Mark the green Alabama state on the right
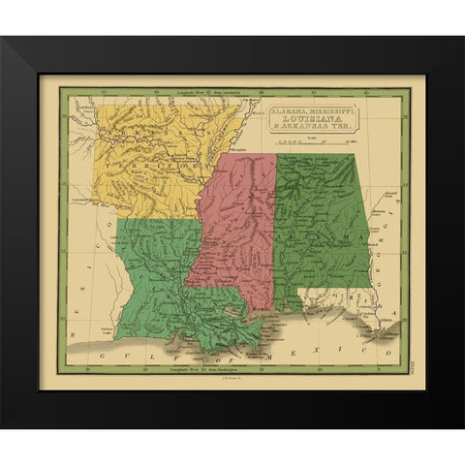(320, 223)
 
